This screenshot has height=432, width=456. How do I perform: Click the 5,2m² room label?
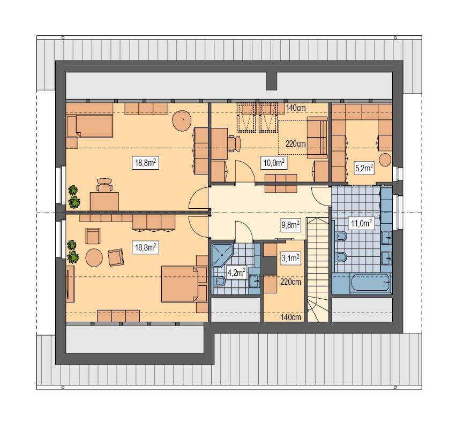pyautogui.click(x=364, y=168)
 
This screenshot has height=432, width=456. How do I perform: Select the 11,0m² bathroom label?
pyautogui.click(x=360, y=223)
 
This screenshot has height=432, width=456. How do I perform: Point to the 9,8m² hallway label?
pyautogui.click(x=290, y=225)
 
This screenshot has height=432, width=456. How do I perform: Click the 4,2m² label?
pyautogui.click(x=236, y=272)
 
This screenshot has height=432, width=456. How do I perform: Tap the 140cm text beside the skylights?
pyautogui.click(x=296, y=108)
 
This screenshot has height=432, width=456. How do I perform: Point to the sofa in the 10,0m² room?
pyautogui.click(x=317, y=138)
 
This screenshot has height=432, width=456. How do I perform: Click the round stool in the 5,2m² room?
pyautogui.click(x=385, y=159)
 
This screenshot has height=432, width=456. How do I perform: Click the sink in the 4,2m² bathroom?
pyautogui.click(x=255, y=278)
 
